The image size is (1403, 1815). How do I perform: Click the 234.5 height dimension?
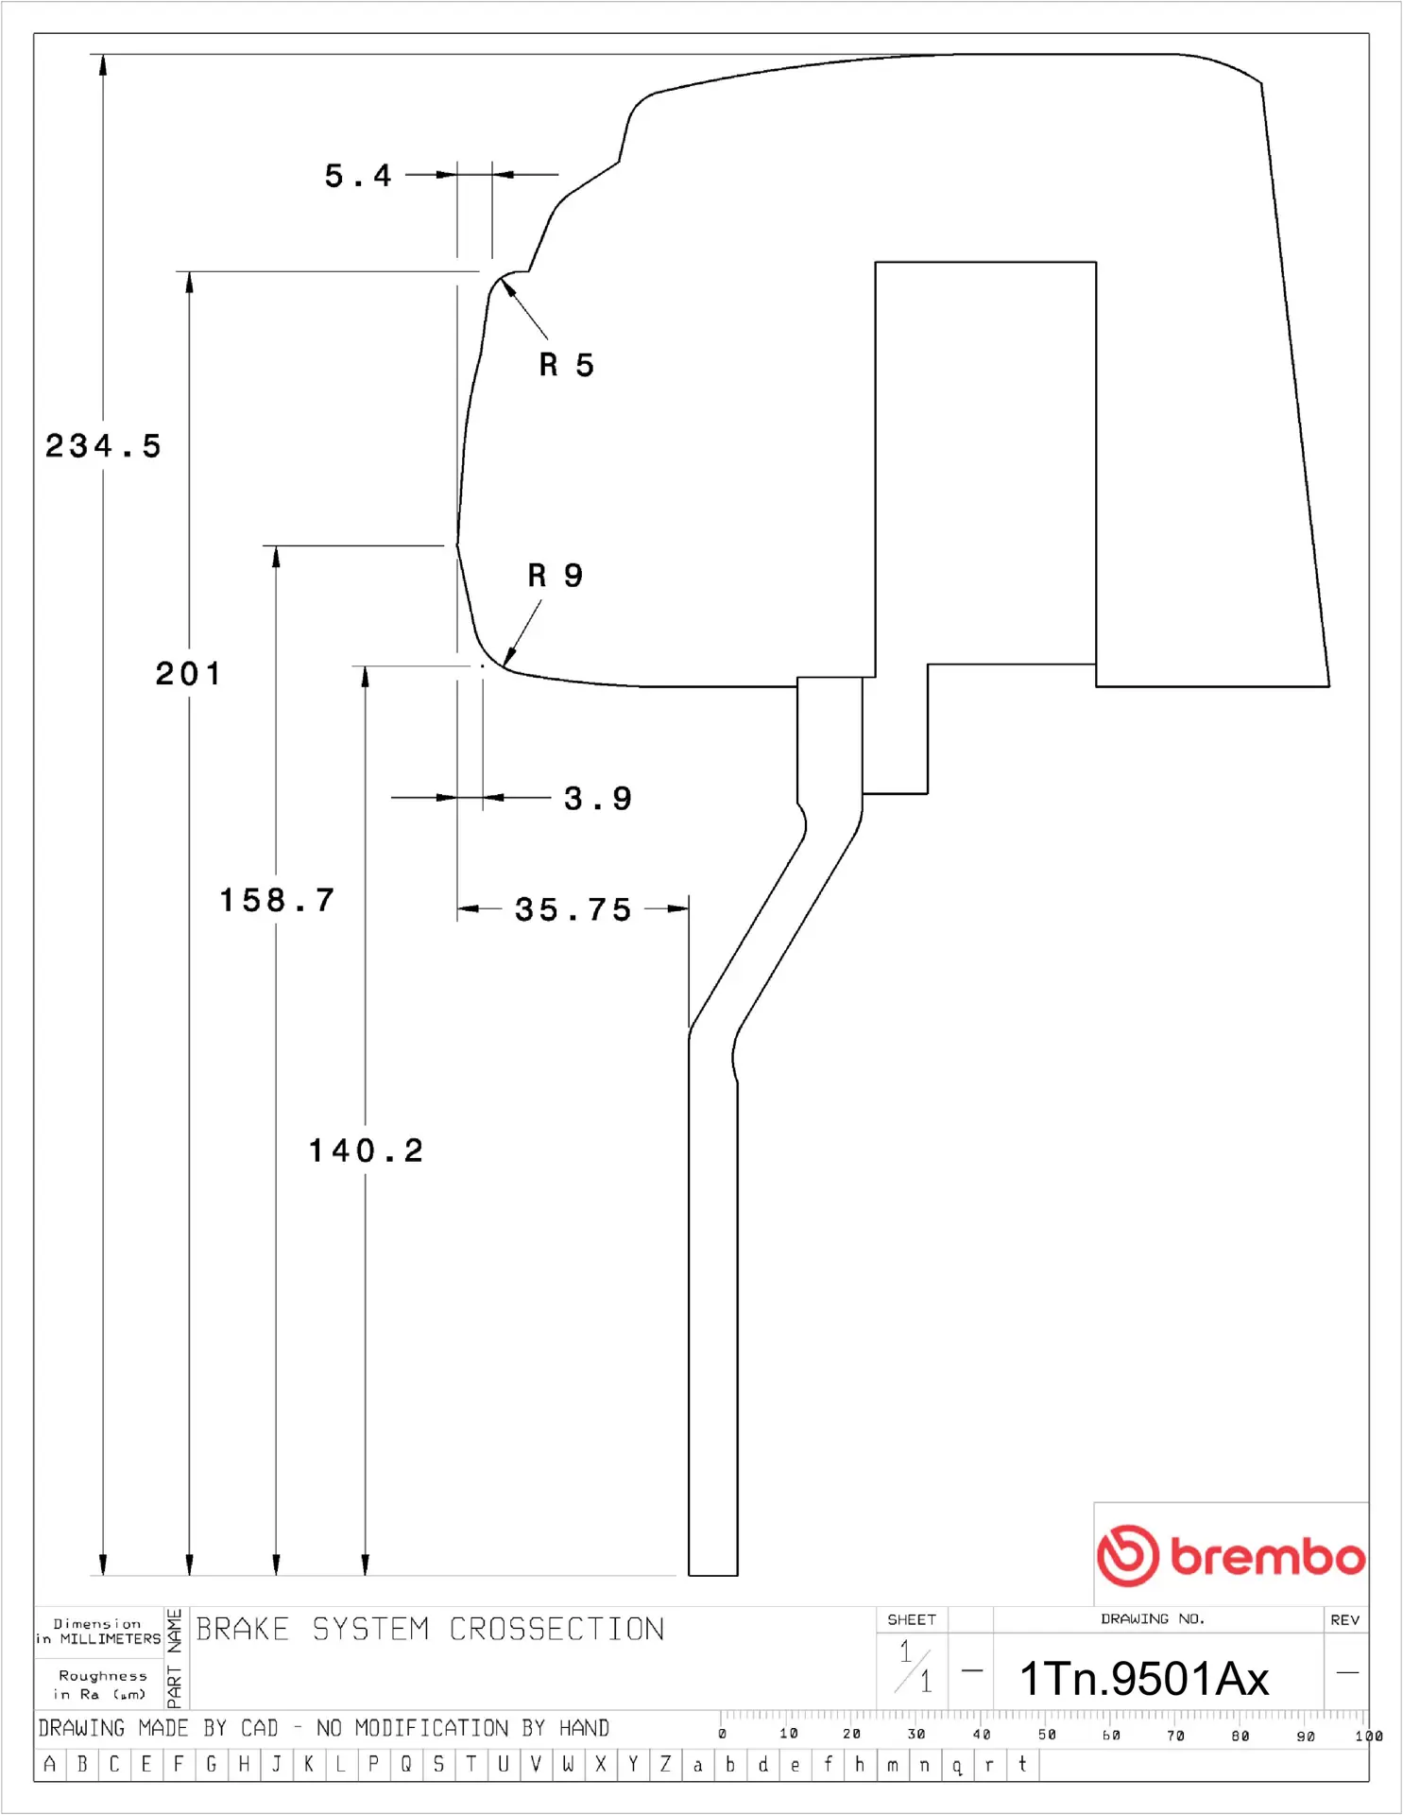(x=103, y=445)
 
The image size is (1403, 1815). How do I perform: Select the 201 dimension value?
(x=188, y=674)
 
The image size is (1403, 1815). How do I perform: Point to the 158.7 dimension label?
(x=277, y=900)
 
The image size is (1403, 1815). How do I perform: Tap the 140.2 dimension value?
(x=366, y=1150)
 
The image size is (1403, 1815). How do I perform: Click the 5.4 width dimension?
(x=357, y=176)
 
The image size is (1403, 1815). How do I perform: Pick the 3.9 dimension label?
(x=597, y=799)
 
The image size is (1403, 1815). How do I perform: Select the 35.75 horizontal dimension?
(x=573, y=909)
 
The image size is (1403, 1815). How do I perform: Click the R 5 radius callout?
(x=566, y=365)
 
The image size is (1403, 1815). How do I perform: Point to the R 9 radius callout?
(x=555, y=575)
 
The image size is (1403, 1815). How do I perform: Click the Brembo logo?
(x=1230, y=1555)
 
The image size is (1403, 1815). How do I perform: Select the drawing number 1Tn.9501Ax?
(x=1143, y=1679)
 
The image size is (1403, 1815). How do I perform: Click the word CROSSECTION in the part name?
(x=556, y=1629)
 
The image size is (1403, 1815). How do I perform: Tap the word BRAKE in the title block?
(x=242, y=1629)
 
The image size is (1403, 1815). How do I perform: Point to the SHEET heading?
(x=911, y=1619)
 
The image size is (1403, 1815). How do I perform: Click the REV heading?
(x=1344, y=1619)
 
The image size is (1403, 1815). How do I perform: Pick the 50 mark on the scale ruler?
(x=1046, y=1735)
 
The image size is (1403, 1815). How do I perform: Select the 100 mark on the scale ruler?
(x=1367, y=1736)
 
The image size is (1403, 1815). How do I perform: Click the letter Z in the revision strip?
(x=665, y=1764)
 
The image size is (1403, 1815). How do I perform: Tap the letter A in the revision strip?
(x=50, y=1764)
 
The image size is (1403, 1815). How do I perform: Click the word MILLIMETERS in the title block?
(x=111, y=1639)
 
